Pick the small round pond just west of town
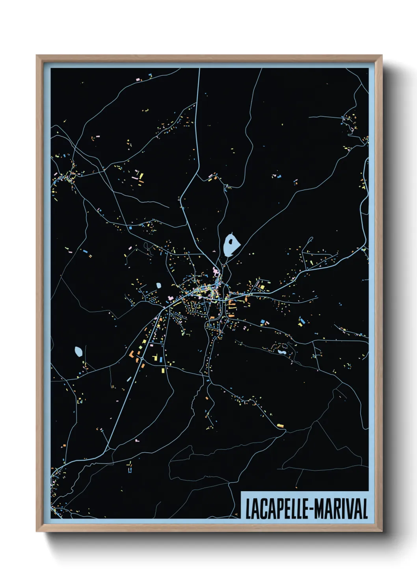[158, 285]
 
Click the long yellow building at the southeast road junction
[280, 425]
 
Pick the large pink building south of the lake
[215, 271]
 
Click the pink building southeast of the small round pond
[170, 298]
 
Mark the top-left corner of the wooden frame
[37, 56]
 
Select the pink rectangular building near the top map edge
[138, 80]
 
